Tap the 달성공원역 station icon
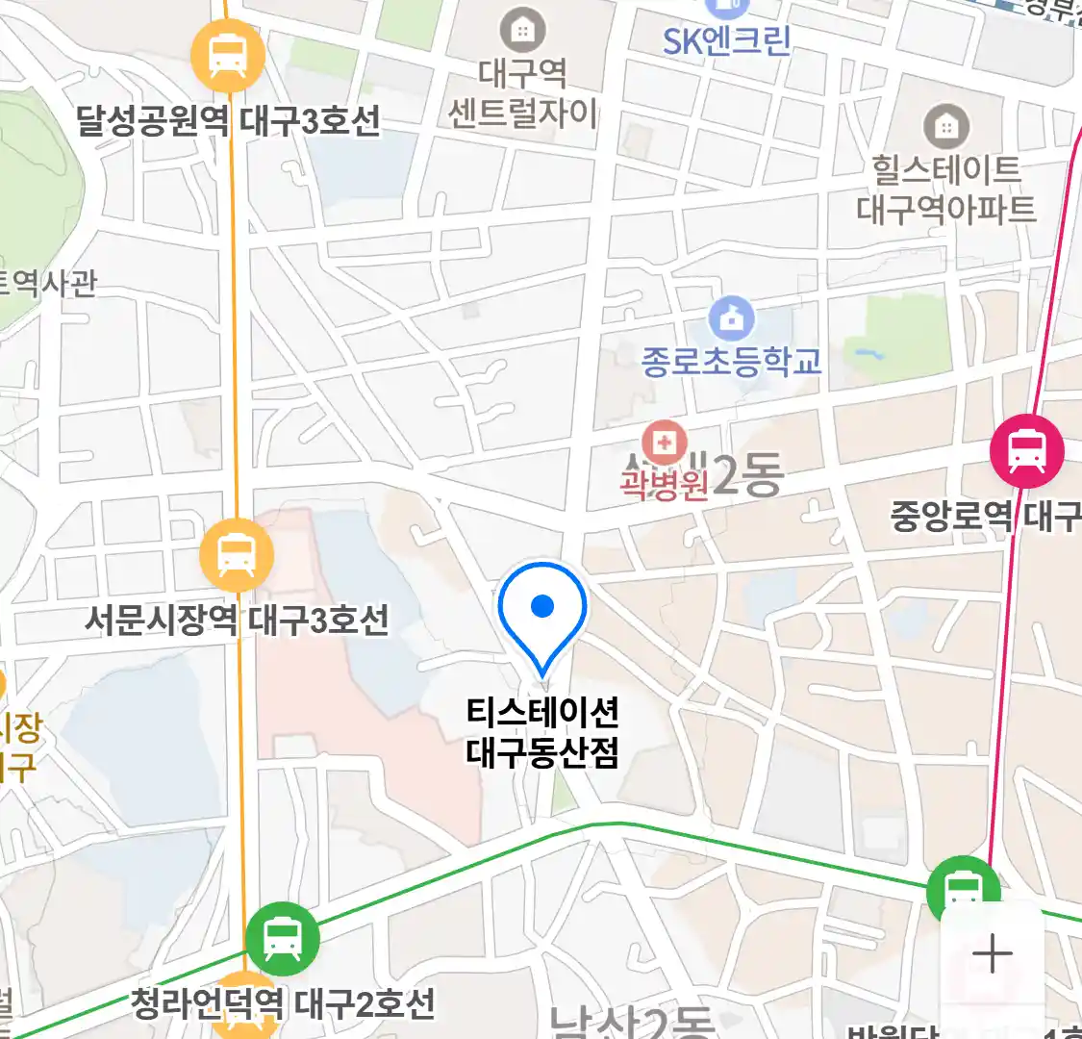[x=227, y=54]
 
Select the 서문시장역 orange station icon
[x=236, y=555]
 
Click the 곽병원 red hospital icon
[x=663, y=443]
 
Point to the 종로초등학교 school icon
[x=732, y=317]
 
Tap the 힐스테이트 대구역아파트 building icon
[x=946, y=126]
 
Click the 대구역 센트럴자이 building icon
[x=522, y=31]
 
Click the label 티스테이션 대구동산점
[x=542, y=732]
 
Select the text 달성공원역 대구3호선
[x=228, y=121]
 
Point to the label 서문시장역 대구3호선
[x=237, y=619]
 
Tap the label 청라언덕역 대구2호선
[x=283, y=1004]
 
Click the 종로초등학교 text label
[x=732, y=362]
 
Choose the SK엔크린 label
[x=726, y=40]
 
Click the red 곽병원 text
[x=663, y=484]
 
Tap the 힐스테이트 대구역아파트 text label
[x=946, y=190]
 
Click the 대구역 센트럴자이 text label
[x=522, y=93]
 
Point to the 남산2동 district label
[x=631, y=1022]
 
